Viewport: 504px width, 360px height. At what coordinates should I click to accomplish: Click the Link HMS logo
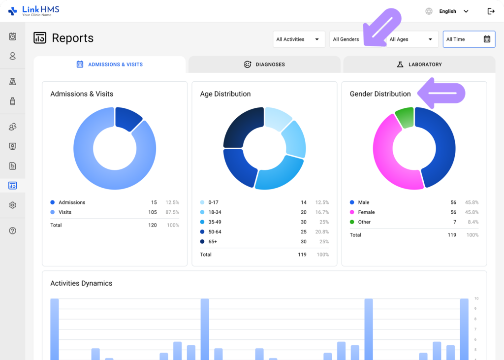click(33, 11)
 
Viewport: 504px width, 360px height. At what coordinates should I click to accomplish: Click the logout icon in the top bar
click(491, 11)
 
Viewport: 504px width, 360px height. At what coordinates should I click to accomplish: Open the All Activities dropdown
click(298, 39)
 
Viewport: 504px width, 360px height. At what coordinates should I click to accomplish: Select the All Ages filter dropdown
click(411, 39)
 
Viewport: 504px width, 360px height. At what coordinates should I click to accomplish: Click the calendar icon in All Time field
click(487, 39)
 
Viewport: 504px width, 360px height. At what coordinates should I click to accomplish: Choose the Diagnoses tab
click(264, 65)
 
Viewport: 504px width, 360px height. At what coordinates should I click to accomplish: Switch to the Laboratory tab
click(419, 65)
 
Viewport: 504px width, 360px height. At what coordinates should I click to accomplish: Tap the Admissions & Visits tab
click(109, 65)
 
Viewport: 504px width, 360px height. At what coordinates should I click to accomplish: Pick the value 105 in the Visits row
click(153, 212)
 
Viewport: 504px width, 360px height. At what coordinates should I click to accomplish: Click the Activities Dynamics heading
click(81, 283)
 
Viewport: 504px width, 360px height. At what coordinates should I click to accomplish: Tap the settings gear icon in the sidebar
click(13, 205)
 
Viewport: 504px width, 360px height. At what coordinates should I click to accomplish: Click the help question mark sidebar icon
click(13, 230)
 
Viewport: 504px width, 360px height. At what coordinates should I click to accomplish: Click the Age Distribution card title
click(225, 94)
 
